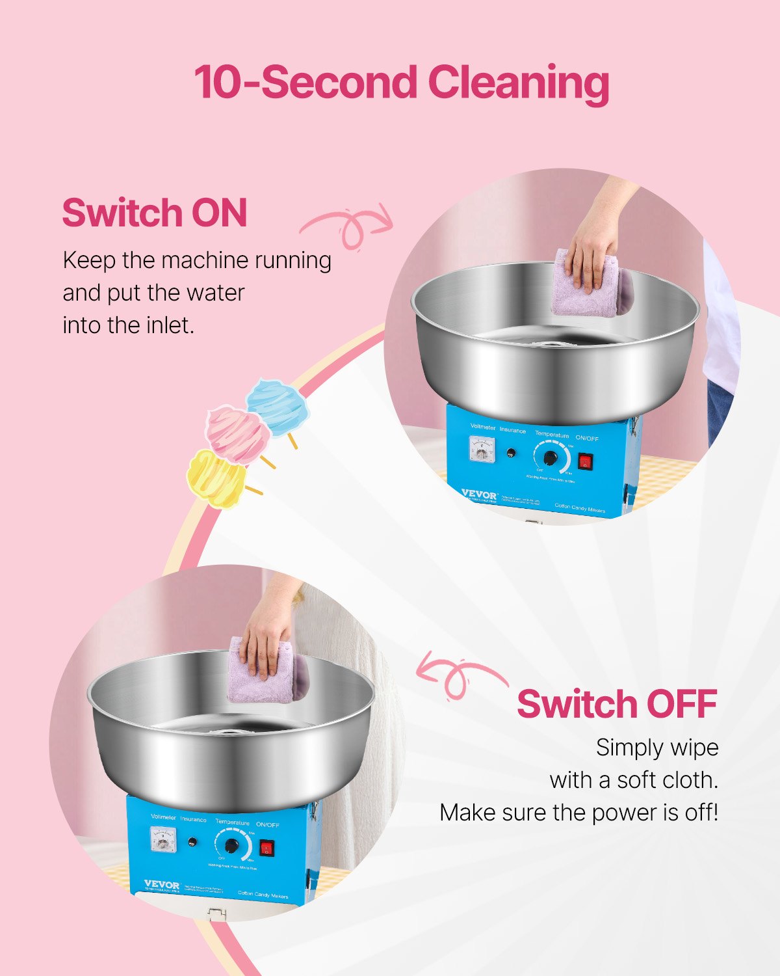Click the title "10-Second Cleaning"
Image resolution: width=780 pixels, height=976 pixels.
pyautogui.click(x=401, y=83)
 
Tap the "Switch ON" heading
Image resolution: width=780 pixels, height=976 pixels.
pyautogui.click(x=155, y=213)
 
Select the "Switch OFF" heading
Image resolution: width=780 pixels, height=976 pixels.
pyautogui.click(x=617, y=704)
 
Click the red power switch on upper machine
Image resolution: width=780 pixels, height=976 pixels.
pyautogui.click(x=586, y=461)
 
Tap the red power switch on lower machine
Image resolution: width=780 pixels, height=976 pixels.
pyautogui.click(x=266, y=848)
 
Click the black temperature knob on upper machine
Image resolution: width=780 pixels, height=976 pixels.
pyautogui.click(x=551, y=457)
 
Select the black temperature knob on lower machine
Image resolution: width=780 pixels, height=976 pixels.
pyautogui.click(x=231, y=846)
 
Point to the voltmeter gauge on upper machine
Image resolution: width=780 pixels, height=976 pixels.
pyautogui.click(x=482, y=449)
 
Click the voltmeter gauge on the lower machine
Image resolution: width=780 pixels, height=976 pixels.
pyautogui.click(x=162, y=839)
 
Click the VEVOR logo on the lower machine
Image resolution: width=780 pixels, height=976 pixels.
pyautogui.click(x=162, y=885)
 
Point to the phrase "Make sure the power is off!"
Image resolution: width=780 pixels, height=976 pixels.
pyautogui.click(x=578, y=813)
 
